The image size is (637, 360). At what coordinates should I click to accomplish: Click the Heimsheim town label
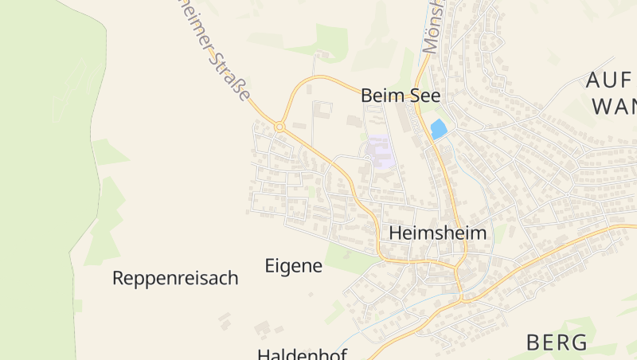437,233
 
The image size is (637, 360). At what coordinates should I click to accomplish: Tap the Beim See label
401,95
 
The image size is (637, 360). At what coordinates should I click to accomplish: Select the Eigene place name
293,265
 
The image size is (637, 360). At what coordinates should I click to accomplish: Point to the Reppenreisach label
175,278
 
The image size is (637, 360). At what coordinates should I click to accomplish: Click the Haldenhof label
302,353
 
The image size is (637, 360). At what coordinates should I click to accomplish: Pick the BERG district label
557,342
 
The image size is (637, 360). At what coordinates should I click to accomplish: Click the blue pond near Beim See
438,128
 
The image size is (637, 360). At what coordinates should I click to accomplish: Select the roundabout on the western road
279,127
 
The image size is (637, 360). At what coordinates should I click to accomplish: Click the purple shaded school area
381,151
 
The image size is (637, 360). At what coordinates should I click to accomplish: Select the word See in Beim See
424,95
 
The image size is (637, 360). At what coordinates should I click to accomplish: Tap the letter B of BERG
533,342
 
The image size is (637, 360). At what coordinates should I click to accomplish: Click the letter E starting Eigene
270,265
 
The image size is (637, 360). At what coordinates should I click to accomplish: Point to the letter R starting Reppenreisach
119,278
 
